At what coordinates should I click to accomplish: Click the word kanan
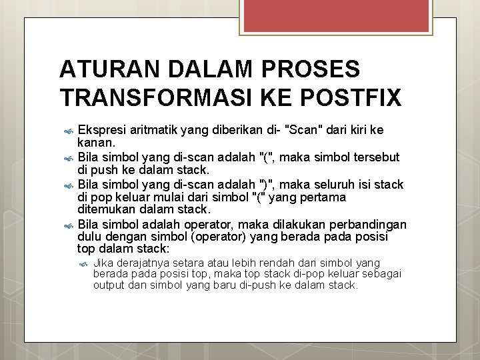point(96,142)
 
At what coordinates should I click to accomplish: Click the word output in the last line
point(109,285)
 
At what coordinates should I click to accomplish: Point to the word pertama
point(323,197)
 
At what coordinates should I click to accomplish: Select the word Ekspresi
point(102,129)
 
